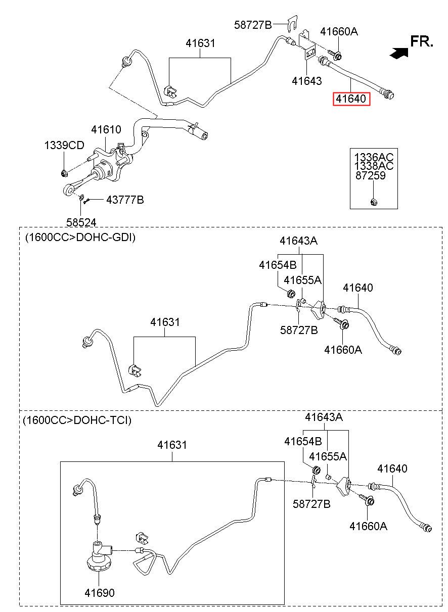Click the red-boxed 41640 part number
click(x=351, y=99)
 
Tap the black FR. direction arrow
click(x=399, y=53)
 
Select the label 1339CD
click(x=64, y=146)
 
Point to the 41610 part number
click(x=106, y=129)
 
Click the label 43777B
click(x=125, y=200)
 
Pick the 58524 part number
click(x=81, y=222)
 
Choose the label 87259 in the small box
click(x=370, y=175)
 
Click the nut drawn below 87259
click(x=374, y=202)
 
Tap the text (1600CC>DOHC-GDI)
click(x=80, y=238)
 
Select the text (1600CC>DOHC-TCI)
click(x=77, y=420)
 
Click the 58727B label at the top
click(x=253, y=25)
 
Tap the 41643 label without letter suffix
click(x=307, y=81)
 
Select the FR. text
click(x=422, y=41)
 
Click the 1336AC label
click(x=374, y=157)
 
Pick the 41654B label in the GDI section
click(x=278, y=265)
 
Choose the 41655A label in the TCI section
click(x=328, y=456)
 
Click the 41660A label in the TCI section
click(x=368, y=526)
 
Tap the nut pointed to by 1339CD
click(x=64, y=173)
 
